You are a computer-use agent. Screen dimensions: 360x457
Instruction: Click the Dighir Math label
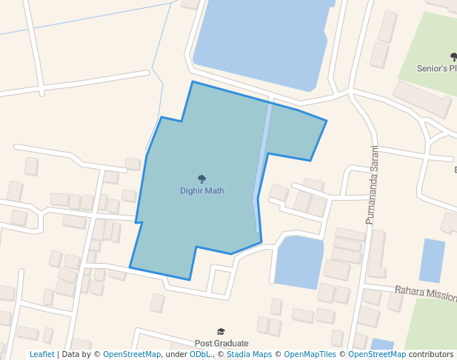(201, 190)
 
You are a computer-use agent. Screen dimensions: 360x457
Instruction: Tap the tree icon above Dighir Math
(201, 179)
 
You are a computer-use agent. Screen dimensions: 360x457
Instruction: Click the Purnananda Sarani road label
(371, 184)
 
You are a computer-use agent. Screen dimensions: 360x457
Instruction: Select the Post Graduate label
(221, 344)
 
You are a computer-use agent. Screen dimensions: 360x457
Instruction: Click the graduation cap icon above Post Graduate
(221, 332)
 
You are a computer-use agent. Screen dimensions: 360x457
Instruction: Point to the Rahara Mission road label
(425, 293)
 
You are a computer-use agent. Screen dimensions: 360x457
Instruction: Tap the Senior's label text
(433, 68)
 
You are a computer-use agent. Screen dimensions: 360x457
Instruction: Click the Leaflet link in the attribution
(42, 355)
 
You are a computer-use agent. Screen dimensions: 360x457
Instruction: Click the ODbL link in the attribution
(199, 355)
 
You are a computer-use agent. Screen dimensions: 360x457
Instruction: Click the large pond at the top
(259, 41)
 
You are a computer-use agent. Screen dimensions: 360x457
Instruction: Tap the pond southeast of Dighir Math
(298, 261)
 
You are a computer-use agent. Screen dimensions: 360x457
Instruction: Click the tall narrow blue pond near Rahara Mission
(432, 260)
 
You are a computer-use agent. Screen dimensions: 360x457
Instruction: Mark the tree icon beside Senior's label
(453, 56)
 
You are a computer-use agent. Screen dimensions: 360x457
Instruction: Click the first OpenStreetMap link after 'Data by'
(132, 355)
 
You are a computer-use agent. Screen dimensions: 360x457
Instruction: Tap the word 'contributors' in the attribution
(431, 355)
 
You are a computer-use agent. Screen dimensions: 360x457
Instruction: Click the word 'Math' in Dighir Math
(214, 190)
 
